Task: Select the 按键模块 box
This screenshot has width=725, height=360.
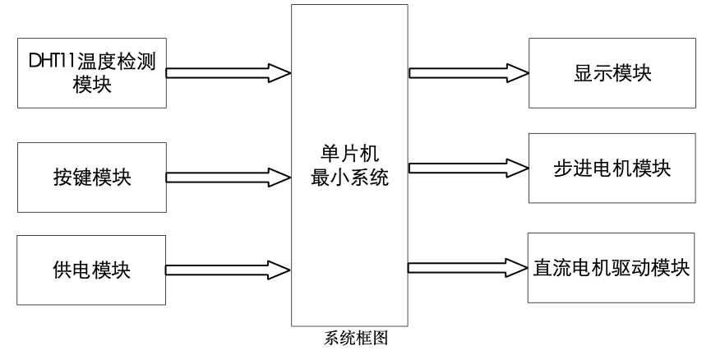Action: [90, 175]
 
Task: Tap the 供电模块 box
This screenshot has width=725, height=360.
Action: [90, 268]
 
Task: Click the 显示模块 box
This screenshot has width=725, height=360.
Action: [611, 73]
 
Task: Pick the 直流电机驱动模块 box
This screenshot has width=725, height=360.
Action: [611, 268]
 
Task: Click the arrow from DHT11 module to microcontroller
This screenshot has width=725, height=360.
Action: [229, 72]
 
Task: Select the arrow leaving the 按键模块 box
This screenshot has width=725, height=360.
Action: [229, 175]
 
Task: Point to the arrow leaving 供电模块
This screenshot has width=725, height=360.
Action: [229, 267]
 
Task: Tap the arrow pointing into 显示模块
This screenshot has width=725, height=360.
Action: [469, 72]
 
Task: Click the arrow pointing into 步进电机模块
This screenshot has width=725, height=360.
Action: [469, 168]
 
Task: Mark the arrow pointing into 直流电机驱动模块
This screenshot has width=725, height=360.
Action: [469, 268]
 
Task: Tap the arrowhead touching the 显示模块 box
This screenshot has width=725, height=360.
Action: [517, 72]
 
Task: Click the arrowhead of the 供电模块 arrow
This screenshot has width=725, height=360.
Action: [279, 267]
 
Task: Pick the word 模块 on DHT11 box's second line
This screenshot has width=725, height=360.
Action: [90, 83]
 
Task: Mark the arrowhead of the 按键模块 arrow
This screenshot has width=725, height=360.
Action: [279, 175]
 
